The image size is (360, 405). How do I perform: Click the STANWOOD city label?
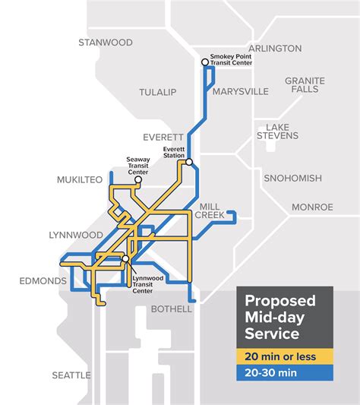(x=105, y=43)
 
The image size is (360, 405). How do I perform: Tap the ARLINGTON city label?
(x=275, y=48)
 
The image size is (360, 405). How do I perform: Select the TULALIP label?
(x=157, y=92)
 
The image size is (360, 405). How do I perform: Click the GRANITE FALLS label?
(x=305, y=86)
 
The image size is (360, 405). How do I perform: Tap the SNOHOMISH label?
(x=292, y=179)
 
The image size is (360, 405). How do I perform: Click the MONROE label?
(x=312, y=207)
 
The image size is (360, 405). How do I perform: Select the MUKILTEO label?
(x=79, y=180)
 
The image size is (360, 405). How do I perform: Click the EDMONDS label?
(x=43, y=281)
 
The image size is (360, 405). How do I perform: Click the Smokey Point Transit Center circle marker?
(x=204, y=62)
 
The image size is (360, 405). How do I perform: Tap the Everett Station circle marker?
(x=188, y=162)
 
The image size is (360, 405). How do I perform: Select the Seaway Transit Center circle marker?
(x=138, y=180)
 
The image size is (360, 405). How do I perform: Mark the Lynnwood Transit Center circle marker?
(x=125, y=259)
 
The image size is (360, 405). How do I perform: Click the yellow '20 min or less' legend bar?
(x=285, y=356)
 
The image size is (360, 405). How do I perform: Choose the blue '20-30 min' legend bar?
(x=285, y=372)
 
